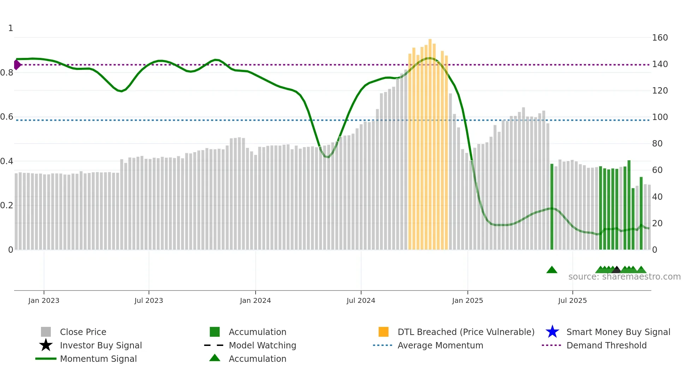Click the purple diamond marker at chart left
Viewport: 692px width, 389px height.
pyautogui.click(x=17, y=65)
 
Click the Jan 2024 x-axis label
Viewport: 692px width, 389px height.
pyautogui.click(x=255, y=300)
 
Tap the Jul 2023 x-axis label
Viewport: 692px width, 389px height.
pyautogui.click(x=149, y=300)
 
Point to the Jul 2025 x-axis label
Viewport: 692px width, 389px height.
pyautogui.click(x=572, y=300)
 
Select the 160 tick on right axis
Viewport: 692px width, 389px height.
pyautogui.click(x=660, y=38)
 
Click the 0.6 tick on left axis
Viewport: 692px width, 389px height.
pyautogui.click(x=7, y=117)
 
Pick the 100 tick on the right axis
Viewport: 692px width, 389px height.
pyautogui.click(x=660, y=117)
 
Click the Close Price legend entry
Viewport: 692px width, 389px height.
pyautogui.click(x=83, y=332)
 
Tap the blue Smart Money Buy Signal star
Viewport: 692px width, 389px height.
pyautogui.click(x=552, y=332)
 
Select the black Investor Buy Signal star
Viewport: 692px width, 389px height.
pyautogui.click(x=46, y=345)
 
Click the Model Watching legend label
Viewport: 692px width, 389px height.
pyautogui.click(x=262, y=345)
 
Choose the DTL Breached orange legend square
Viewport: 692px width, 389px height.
pyautogui.click(x=383, y=332)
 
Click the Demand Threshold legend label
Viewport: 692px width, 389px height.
pyautogui.click(x=606, y=345)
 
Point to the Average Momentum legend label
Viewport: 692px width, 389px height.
pyautogui.click(x=440, y=345)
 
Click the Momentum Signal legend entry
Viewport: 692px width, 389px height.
pyautogui.click(x=98, y=359)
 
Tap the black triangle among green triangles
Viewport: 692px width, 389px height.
pyautogui.click(x=616, y=270)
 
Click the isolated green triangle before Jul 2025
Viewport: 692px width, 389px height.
pyautogui.click(x=551, y=270)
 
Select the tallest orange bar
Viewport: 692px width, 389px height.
pyautogui.click(x=430, y=141)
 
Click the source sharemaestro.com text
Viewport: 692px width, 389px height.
pyautogui.click(x=624, y=277)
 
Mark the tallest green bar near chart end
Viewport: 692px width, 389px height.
pyautogui.click(x=629, y=205)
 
